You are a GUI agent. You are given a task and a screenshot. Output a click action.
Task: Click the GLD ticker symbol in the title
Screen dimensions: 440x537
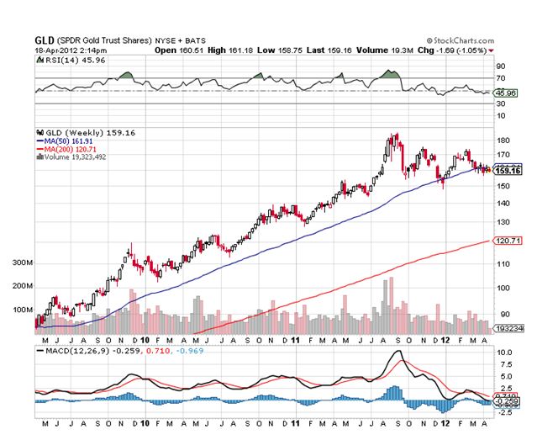point(45,40)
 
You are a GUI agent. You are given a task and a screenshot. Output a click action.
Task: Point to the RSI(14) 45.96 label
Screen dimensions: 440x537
point(63,61)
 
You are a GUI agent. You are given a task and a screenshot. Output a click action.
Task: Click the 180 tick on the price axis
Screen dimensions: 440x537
point(503,140)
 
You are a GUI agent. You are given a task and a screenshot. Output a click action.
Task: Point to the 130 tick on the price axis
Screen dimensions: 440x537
point(503,222)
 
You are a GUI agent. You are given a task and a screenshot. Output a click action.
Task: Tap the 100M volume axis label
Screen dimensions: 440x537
point(22,310)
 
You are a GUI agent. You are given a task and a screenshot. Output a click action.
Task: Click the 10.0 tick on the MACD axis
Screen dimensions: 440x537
point(504,352)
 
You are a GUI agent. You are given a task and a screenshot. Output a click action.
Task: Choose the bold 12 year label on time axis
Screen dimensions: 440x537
point(446,340)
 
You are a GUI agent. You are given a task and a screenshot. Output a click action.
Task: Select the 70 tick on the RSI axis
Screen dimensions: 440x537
point(501,77)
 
